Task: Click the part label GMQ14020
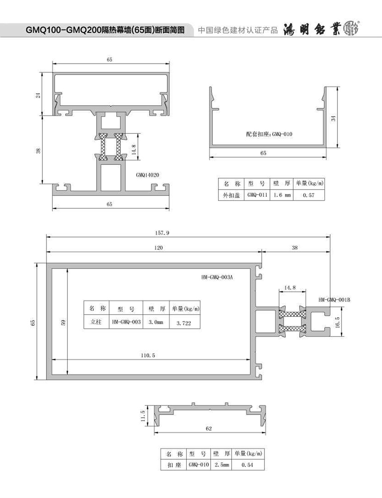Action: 147,175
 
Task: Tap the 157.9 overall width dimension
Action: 162,233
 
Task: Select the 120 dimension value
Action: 159,248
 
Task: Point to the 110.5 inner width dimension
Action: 148,355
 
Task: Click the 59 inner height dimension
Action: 63,323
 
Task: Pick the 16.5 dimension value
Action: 337,323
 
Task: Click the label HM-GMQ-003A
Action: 217,277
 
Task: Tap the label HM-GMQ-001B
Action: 334,300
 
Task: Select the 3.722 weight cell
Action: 184,323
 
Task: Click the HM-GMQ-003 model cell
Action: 126,322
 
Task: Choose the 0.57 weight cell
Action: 309,195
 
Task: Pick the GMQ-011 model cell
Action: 257,195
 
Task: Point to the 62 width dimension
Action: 209,428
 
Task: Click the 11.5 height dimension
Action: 143,416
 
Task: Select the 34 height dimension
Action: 333,118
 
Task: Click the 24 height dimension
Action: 38,95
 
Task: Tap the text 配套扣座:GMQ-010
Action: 269,134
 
